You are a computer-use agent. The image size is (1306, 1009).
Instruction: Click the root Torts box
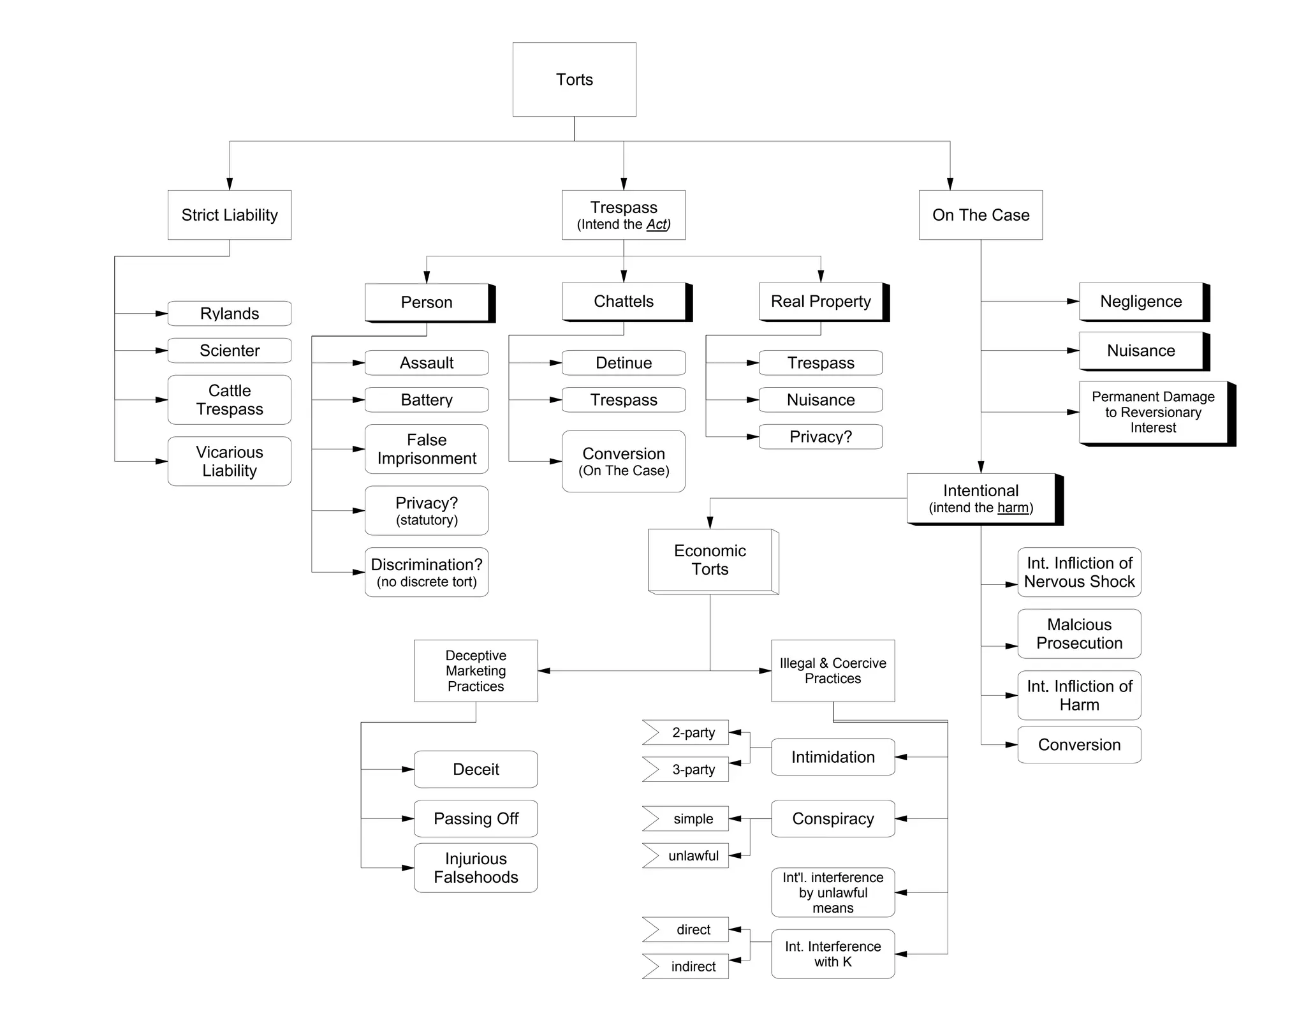(574, 79)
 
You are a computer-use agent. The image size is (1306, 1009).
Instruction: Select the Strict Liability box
(230, 215)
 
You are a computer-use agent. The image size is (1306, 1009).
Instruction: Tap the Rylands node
(230, 313)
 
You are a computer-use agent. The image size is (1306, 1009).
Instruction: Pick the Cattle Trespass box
(230, 400)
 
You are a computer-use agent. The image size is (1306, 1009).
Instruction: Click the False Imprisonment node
(427, 449)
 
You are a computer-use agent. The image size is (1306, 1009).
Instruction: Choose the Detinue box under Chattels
(623, 363)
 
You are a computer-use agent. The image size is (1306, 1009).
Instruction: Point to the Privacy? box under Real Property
(820, 437)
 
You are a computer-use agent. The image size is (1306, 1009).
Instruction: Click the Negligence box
(1140, 302)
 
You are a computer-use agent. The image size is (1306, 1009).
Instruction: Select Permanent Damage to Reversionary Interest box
(1153, 412)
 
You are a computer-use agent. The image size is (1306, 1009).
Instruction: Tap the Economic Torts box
(710, 560)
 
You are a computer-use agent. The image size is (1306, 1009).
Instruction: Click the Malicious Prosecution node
(1079, 634)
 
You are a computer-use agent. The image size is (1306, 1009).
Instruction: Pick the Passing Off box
(476, 818)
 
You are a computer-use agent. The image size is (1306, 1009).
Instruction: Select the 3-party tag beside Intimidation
(689, 769)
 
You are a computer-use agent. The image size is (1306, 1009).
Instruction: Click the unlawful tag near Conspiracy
(689, 855)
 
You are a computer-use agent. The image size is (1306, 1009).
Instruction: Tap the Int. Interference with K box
(833, 954)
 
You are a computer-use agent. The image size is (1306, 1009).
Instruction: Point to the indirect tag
(689, 966)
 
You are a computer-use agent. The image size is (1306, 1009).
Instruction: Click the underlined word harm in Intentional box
(1013, 508)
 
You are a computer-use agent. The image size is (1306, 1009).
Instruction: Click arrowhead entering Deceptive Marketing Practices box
(544, 671)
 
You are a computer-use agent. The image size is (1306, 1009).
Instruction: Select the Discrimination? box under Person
(427, 572)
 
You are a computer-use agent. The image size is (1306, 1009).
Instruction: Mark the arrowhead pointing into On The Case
(950, 184)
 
